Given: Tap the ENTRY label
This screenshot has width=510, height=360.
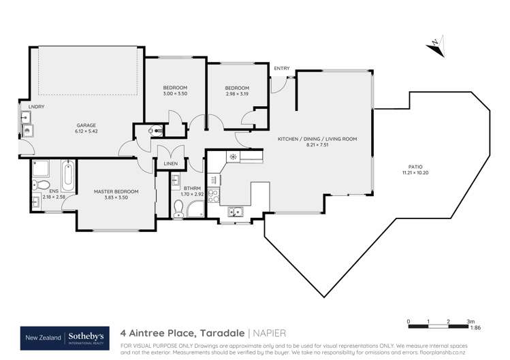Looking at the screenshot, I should click(281, 69).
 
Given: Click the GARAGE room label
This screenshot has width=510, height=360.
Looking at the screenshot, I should click(85, 125).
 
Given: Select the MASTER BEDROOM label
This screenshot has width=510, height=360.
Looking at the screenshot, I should click(116, 192).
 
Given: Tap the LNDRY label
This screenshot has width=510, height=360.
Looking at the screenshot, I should click(27, 107).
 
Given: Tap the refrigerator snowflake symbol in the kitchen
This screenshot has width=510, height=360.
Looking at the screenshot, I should click(233, 157).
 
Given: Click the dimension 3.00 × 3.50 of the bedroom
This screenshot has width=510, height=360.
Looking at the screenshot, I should click(175, 94).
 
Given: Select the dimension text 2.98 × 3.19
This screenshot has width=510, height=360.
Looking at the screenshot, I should click(237, 94).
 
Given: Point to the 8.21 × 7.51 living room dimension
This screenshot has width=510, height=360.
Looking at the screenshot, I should click(317, 144).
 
